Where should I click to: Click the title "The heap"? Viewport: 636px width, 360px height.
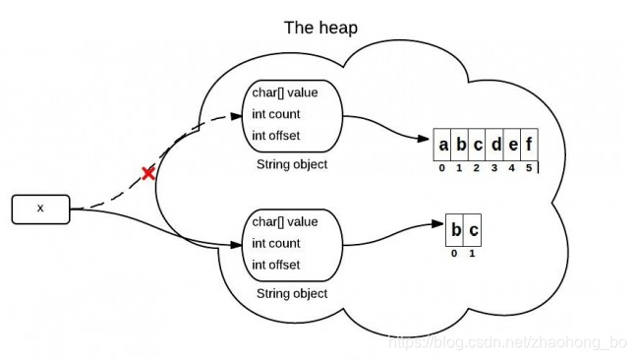pyautogui.click(x=320, y=28)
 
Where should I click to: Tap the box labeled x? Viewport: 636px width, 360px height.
pyautogui.click(x=40, y=209)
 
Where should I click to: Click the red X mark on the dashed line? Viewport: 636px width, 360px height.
pyautogui.click(x=148, y=173)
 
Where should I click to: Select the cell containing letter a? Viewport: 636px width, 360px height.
pyautogui.click(x=443, y=147)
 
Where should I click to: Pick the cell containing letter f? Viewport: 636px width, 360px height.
pyautogui.click(x=529, y=147)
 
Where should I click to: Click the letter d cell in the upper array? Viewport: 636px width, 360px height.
pyautogui.click(x=494, y=147)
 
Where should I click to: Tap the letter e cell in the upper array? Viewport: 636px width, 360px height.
pyautogui.click(x=512, y=147)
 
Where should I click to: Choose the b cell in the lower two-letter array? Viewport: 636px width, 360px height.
pyautogui.click(x=455, y=231)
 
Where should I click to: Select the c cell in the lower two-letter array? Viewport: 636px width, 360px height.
pyautogui.click(x=473, y=231)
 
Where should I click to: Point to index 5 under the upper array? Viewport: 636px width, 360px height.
pyautogui.click(x=529, y=168)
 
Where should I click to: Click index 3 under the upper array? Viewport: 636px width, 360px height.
pyautogui.click(x=494, y=168)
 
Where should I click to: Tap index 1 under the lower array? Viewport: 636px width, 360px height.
pyautogui.click(x=473, y=253)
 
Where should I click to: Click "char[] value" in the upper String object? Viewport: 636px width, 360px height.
pyautogui.click(x=285, y=94)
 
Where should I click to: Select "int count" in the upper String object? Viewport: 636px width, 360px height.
pyautogui.click(x=276, y=115)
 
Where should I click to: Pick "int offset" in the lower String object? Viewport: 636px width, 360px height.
pyautogui.click(x=276, y=264)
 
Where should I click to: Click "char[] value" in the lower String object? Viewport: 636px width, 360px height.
pyautogui.click(x=285, y=222)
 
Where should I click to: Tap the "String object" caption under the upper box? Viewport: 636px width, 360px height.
pyautogui.click(x=291, y=164)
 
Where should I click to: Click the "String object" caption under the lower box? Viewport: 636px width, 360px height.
pyautogui.click(x=291, y=293)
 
